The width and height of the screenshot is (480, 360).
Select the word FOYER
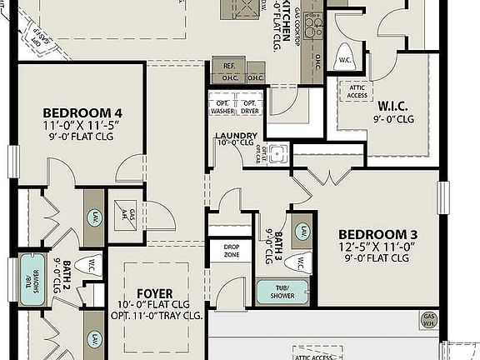point(154,294)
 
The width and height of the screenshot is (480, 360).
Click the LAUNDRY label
point(236,136)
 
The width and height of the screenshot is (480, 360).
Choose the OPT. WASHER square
point(222,107)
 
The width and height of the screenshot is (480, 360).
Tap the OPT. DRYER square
point(250,107)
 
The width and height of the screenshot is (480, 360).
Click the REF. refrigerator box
point(227,66)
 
